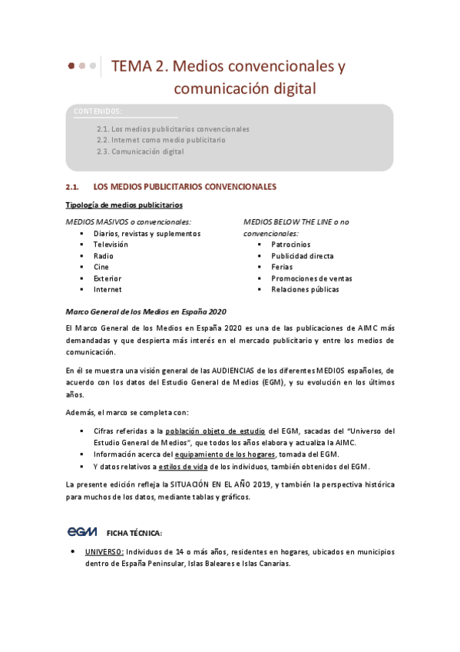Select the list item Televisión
coord(111,244)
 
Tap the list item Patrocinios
coord(292,244)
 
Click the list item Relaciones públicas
coord(305,290)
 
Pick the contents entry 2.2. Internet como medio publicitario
coord(161,141)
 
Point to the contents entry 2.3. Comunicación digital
coord(141,152)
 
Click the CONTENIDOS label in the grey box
coord(98,111)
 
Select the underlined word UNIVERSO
coord(104,552)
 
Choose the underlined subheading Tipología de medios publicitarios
coord(124,205)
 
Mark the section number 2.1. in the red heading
coord(74,187)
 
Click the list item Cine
coord(101,267)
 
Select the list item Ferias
coord(283,267)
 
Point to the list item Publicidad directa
coord(303,256)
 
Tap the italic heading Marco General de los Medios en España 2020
coord(147,311)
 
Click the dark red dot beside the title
coord(71,66)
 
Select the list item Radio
coord(104,256)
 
